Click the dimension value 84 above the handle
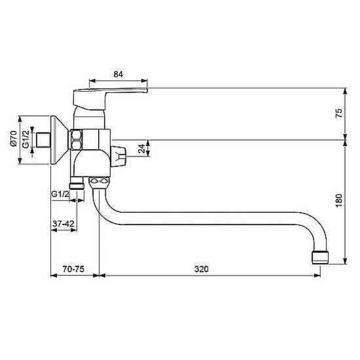pos(118,74)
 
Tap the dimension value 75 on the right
pos(338,113)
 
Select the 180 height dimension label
pos(338,201)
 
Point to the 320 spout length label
pos(202,269)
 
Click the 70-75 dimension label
pos(73,269)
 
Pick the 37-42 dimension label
pos(63,223)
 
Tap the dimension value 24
pos(141,149)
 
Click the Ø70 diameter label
pos(14,138)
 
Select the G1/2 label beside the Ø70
pos(26,139)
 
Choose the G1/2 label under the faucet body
pos(60,194)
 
